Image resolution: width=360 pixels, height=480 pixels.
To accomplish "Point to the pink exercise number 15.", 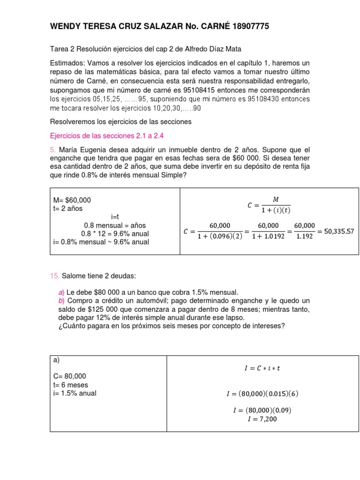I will coord(55,276).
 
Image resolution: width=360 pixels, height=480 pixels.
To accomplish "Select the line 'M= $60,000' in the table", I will coord(72,200).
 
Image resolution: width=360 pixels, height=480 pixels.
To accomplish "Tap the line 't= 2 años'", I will coord(68,209).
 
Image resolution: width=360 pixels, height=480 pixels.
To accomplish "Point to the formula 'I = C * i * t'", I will coord(262,368).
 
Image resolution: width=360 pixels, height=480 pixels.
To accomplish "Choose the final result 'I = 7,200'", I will coord(262,419).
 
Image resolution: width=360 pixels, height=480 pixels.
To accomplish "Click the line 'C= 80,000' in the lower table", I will coord(70,376).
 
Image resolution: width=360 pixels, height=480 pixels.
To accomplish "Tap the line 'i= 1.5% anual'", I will coord(75,393).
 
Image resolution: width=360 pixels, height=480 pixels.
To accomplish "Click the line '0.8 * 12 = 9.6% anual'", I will coord(115,233).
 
